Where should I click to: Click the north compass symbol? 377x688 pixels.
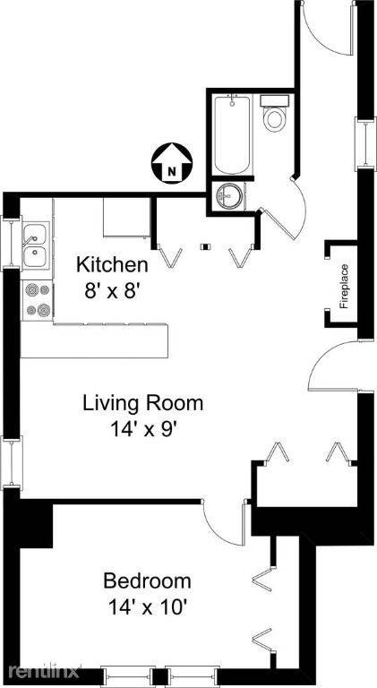click(x=171, y=162)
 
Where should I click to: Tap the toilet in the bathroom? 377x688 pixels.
click(x=274, y=112)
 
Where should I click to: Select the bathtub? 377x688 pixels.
click(x=232, y=134)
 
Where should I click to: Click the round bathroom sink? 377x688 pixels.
click(x=228, y=194)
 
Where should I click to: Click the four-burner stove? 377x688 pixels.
click(x=38, y=301)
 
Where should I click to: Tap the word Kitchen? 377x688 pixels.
click(x=112, y=265)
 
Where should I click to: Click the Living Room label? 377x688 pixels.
click(x=143, y=403)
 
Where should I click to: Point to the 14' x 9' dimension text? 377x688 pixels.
click(x=143, y=429)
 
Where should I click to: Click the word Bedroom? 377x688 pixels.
click(x=147, y=580)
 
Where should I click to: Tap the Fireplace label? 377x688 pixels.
click(x=345, y=286)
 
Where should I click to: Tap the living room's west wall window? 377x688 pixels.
click(x=11, y=463)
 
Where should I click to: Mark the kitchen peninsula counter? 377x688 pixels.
click(x=94, y=340)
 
